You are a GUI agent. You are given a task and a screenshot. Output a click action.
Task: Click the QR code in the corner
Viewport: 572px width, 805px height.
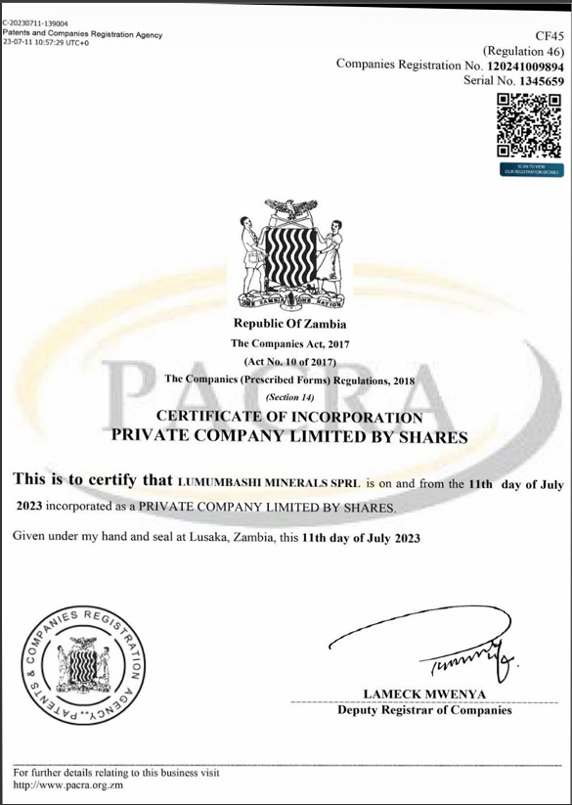coord(530,126)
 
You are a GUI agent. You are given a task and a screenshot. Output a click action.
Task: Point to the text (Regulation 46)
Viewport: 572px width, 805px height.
coord(523,49)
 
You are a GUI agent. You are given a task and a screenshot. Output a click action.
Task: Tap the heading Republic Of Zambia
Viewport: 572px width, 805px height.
coord(289,324)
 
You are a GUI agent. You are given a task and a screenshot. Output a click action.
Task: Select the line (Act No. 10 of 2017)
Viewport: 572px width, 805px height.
coord(289,360)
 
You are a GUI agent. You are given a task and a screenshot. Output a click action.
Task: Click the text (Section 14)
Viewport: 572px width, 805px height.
coord(289,396)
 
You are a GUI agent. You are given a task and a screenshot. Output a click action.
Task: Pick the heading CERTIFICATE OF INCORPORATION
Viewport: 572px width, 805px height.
coord(289,417)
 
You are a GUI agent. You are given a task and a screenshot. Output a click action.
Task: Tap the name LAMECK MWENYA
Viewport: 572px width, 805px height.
coord(424,694)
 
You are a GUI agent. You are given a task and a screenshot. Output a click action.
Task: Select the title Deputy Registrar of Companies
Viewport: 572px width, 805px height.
coord(424,710)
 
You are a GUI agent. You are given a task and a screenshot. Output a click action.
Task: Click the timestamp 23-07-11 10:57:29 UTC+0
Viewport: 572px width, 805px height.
coord(46,43)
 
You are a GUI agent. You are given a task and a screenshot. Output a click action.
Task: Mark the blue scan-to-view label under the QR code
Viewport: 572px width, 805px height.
coord(530,169)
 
